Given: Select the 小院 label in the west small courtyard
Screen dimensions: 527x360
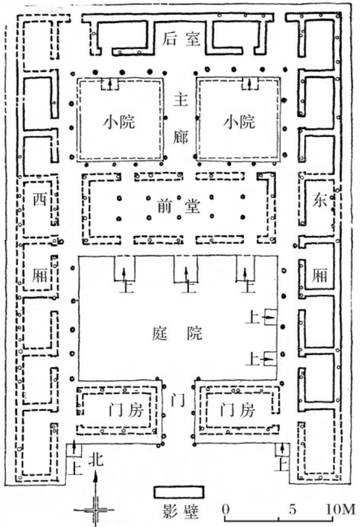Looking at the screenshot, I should pyautogui.click(x=121, y=122).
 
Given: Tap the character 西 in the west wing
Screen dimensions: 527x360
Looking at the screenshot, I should pyautogui.click(x=40, y=199).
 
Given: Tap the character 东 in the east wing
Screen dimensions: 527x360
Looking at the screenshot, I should pyautogui.click(x=318, y=200).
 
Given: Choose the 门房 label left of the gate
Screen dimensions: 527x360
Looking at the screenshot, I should pyautogui.click(x=121, y=410).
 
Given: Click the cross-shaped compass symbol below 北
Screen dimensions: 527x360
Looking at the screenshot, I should pyautogui.click(x=95, y=509).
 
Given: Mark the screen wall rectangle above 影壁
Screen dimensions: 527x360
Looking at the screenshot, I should pyautogui.click(x=179, y=492).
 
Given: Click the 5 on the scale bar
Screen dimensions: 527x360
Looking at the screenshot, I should pyautogui.click(x=293, y=509).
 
